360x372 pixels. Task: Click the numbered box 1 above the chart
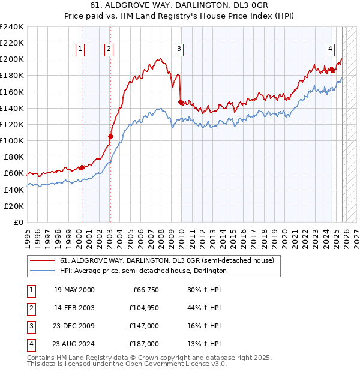point(80,50)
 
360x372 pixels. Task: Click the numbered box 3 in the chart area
point(179,50)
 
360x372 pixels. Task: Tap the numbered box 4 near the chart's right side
point(331,50)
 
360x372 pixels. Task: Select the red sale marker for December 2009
point(181,102)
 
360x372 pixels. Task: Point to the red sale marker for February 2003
point(110,136)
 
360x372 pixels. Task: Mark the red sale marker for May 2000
point(82,167)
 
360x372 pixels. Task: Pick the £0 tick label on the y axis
point(17,222)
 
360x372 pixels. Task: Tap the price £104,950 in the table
point(143,307)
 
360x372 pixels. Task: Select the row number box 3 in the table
point(31,326)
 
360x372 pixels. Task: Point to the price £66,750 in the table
point(145,289)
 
